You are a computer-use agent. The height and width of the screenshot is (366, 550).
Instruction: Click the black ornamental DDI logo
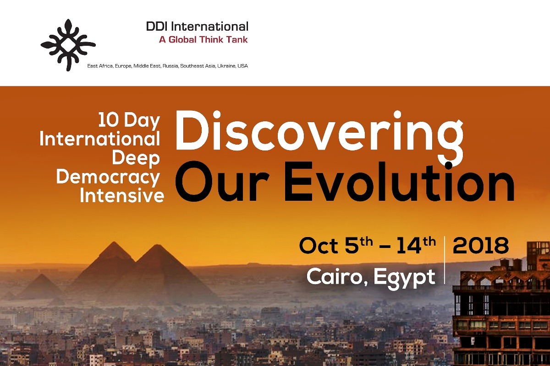pos(68,45)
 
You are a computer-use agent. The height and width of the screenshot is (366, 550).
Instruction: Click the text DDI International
pos(197,27)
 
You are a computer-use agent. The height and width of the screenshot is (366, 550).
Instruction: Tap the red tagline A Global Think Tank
pos(203,40)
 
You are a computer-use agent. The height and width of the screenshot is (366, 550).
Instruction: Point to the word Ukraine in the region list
pos(226,66)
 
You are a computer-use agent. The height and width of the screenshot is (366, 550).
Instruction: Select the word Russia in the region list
pos(170,66)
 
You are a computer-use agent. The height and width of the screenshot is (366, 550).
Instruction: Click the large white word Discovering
pos(319,134)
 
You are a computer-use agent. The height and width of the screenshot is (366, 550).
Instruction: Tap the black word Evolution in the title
pos(400,183)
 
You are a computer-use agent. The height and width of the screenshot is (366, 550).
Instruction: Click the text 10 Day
pos(129,121)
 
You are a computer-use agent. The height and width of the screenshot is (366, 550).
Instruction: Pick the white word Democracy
pos(108,177)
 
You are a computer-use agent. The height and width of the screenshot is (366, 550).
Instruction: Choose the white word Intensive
pos(122,195)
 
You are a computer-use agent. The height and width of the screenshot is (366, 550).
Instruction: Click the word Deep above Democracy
pos(136,159)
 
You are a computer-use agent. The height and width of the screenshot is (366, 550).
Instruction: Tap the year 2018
pos(481,246)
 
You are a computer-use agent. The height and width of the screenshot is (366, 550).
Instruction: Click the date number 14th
pos(417,245)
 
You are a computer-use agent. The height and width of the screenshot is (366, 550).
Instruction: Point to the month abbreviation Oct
pos(319,246)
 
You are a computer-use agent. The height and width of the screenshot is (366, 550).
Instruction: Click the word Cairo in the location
pos(337,276)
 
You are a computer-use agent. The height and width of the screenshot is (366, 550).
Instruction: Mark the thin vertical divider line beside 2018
pos(445,260)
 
